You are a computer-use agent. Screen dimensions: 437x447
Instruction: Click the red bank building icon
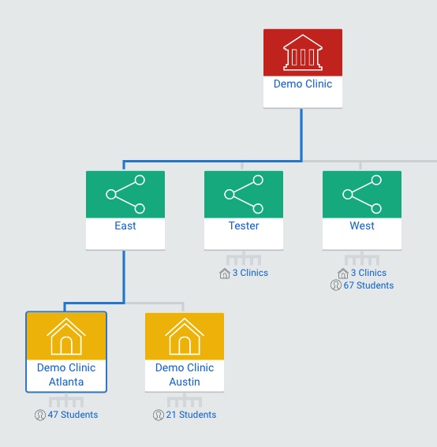click(303, 53)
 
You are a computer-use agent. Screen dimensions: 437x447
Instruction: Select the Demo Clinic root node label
click(303, 84)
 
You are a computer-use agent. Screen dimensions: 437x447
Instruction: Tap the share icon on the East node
click(125, 194)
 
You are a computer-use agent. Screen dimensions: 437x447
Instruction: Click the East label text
click(125, 225)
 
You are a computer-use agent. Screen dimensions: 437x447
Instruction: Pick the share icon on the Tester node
click(244, 194)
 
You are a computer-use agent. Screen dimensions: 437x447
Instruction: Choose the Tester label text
click(244, 225)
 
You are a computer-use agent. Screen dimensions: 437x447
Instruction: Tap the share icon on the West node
click(362, 194)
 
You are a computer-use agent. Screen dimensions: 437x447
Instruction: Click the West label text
click(362, 225)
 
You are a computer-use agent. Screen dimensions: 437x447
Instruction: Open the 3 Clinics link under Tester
click(250, 273)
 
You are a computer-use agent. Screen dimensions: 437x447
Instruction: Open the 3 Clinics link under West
click(368, 273)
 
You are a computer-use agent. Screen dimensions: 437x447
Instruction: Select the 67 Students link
click(368, 285)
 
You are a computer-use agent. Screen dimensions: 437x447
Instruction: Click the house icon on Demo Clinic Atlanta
click(66, 337)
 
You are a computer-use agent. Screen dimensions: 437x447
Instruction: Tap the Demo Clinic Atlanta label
click(66, 374)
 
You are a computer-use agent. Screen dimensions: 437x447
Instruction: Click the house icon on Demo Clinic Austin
click(185, 337)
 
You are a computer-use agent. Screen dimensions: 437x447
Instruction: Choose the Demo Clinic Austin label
click(185, 374)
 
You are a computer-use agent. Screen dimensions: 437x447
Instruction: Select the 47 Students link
click(73, 415)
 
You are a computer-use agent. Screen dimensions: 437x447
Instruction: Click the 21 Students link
click(191, 415)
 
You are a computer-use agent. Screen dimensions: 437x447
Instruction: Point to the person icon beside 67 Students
click(336, 285)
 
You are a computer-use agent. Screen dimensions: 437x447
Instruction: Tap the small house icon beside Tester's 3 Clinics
click(225, 274)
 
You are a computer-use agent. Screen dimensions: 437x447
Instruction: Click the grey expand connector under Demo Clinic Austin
click(185, 400)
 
